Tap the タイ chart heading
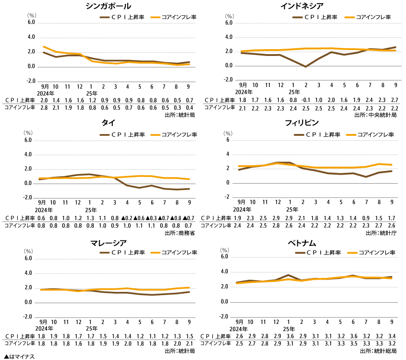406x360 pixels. (x=108, y=123)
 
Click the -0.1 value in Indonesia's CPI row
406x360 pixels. (x=305, y=100)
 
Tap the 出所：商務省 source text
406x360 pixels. (x=180, y=233)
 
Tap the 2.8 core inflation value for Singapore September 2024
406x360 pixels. (x=44, y=107)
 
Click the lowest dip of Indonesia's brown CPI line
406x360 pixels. (x=305, y=67)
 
